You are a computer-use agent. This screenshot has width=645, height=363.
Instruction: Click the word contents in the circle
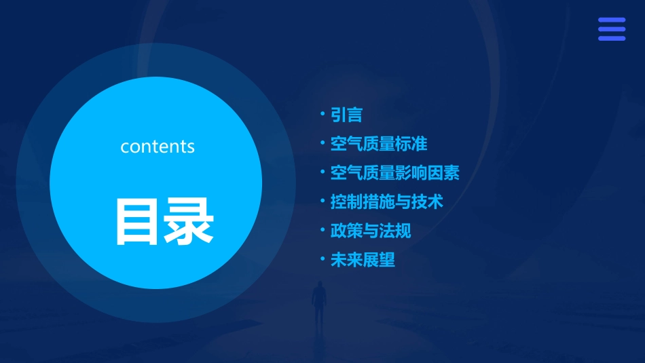158,147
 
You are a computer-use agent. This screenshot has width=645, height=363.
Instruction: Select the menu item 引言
346,115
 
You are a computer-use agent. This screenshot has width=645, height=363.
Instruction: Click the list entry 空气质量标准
378,144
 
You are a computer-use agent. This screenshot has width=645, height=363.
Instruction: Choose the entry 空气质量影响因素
394,173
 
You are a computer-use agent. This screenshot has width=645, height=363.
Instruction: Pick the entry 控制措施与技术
386,202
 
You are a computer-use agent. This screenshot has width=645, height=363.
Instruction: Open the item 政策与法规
370,231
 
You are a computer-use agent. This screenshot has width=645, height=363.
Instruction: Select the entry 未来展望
363,260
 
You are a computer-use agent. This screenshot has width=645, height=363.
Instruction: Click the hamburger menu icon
612,29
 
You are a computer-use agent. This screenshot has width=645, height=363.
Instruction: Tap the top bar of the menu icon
612,20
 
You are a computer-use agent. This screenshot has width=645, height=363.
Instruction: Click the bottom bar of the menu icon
612,38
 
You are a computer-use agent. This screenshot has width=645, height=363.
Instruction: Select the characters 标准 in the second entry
411,144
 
